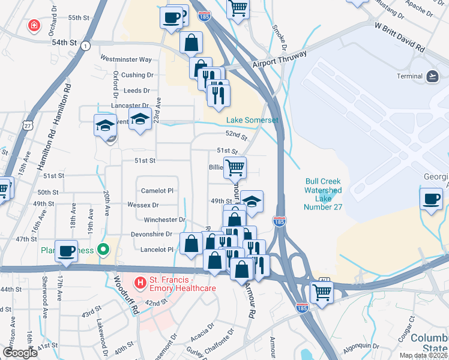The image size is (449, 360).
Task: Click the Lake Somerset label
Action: (x=252, y=120)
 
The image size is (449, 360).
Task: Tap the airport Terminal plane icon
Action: (x=432, y=76)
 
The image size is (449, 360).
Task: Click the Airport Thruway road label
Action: (x=280, y=59)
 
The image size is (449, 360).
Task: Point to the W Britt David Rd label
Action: (x=399, y=36)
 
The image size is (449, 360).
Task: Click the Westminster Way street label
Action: (x=126, y=59)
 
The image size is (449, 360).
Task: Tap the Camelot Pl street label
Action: (x=157, y=190)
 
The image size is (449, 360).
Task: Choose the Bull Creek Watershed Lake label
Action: (x=323, y=194)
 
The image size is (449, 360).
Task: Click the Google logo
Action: (x=20, y=352)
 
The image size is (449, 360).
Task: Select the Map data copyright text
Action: (x=424, y=355)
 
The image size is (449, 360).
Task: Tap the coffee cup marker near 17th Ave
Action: (x=67, y=251)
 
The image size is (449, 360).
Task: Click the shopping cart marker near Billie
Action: (x=235, y=168)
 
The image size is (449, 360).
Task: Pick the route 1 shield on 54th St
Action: (x=87, y=46)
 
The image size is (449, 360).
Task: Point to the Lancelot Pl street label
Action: (x=157, y=249)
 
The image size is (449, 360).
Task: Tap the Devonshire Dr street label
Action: (x=152, y=234)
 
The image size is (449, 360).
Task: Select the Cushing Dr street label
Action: (x=137, y=75)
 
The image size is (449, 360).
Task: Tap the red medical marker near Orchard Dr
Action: (x=34, y=26)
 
